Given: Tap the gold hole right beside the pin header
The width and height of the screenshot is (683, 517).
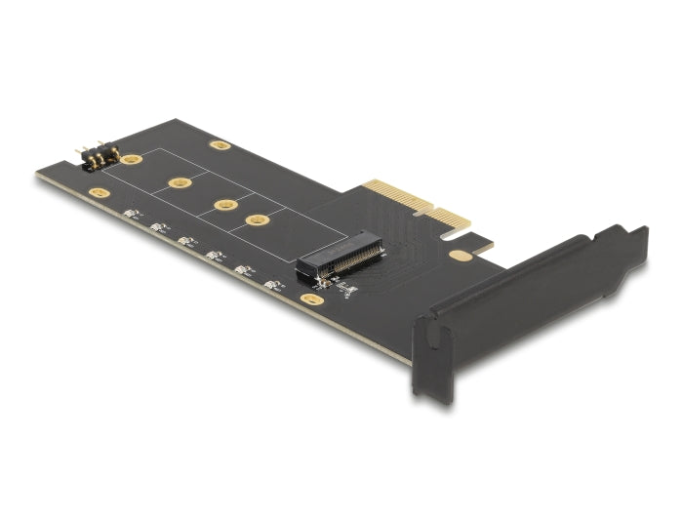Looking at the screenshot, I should tap(132, 159).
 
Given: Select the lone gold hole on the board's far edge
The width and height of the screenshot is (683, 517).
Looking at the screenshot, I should tap(221, 145).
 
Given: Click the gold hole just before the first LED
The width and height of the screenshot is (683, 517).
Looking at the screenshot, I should tap(99, 193).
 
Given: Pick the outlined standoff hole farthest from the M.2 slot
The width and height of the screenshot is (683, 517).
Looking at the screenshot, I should tap(179, 182).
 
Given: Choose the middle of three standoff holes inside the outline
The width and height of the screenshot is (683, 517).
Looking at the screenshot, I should tap(225, 205).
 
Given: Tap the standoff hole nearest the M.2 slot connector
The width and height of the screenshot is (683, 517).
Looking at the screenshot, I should tap(258, 219).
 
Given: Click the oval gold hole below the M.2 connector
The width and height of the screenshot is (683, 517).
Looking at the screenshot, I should tap(311, 298).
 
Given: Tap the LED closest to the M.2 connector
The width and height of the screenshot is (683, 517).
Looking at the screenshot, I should tap(274, 285).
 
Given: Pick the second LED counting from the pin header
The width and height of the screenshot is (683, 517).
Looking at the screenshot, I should tap(159, 226).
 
